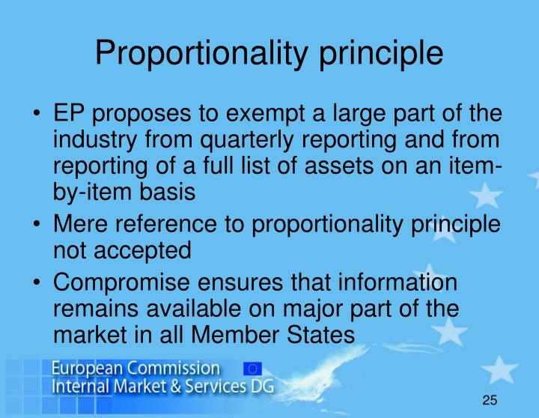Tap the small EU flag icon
tap(252, 368)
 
